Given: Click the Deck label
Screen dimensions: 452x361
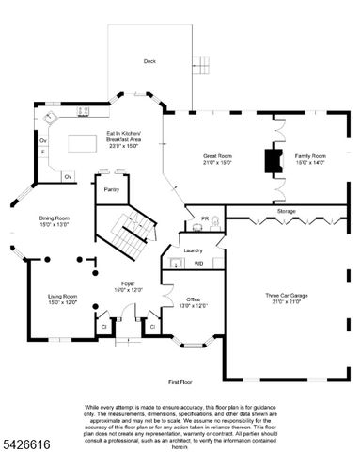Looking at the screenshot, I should click(x=149, y=61).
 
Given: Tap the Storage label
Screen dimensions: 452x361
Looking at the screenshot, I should click(x=286, y=211).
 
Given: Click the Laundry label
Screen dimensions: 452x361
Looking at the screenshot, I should click(x=194, y=250).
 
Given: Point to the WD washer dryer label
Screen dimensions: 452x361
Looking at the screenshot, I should click(x=198, y=264).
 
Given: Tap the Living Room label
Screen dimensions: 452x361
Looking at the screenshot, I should click(x=62, y=299).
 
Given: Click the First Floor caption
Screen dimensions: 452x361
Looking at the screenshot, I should click(x=180, y=383).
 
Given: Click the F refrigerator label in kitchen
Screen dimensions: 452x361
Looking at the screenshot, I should click(x=42, y=151).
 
